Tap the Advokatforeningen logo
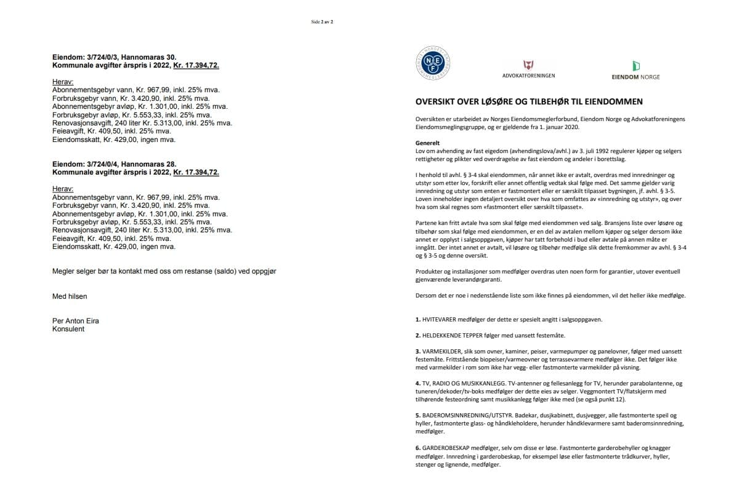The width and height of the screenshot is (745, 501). [x=528, y=68]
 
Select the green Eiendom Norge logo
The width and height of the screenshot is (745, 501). [x=635, y=69]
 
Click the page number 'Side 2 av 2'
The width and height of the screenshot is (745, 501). [x=322, y=22]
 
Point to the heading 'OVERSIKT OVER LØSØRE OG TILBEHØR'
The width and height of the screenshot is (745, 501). [x=529, y=101]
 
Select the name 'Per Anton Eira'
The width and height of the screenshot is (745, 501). [x=76, y=321]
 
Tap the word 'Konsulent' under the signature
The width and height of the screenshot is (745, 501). [x=68, y=329]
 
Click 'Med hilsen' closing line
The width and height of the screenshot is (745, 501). [x=70, y=296]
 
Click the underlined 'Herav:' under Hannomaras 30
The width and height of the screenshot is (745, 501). [x=63, y=81]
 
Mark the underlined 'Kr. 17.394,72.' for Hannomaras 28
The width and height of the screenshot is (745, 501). [x=196, y=172]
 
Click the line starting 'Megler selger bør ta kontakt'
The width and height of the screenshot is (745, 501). [x=164, y=271]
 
